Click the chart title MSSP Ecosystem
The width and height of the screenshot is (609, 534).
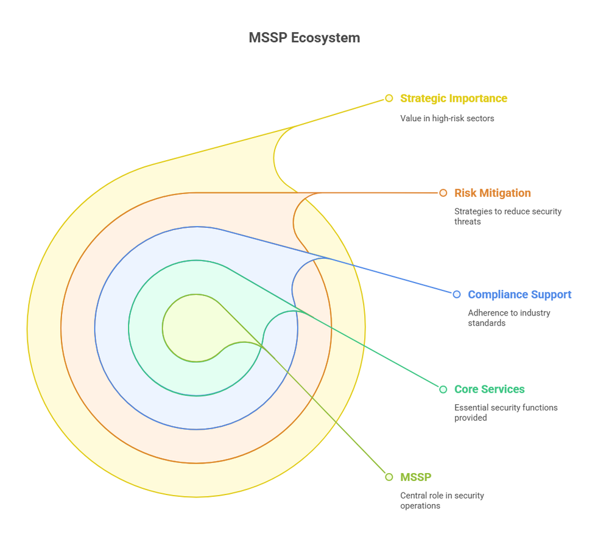point(304,38)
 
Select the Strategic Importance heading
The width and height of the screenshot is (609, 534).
point(453,98)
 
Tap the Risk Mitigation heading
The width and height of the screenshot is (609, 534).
point(492,193)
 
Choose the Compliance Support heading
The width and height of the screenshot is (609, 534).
point(519,295)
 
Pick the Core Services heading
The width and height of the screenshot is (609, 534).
point(489,389)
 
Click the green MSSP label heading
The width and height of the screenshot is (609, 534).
point(415,477)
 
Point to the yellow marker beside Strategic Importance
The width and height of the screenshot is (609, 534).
point(389,98)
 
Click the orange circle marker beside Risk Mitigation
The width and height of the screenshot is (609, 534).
point(443,193)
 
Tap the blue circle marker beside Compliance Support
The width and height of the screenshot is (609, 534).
point(457,295)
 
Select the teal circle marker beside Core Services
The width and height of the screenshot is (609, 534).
point(443,389)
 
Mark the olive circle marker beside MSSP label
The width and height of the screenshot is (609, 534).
point(389,477)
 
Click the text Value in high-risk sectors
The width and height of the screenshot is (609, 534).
point(446,118)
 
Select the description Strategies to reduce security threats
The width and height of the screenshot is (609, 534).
point(507,216)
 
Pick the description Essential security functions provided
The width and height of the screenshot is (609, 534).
point(505,412)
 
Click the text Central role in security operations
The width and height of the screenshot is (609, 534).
point(442,501)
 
